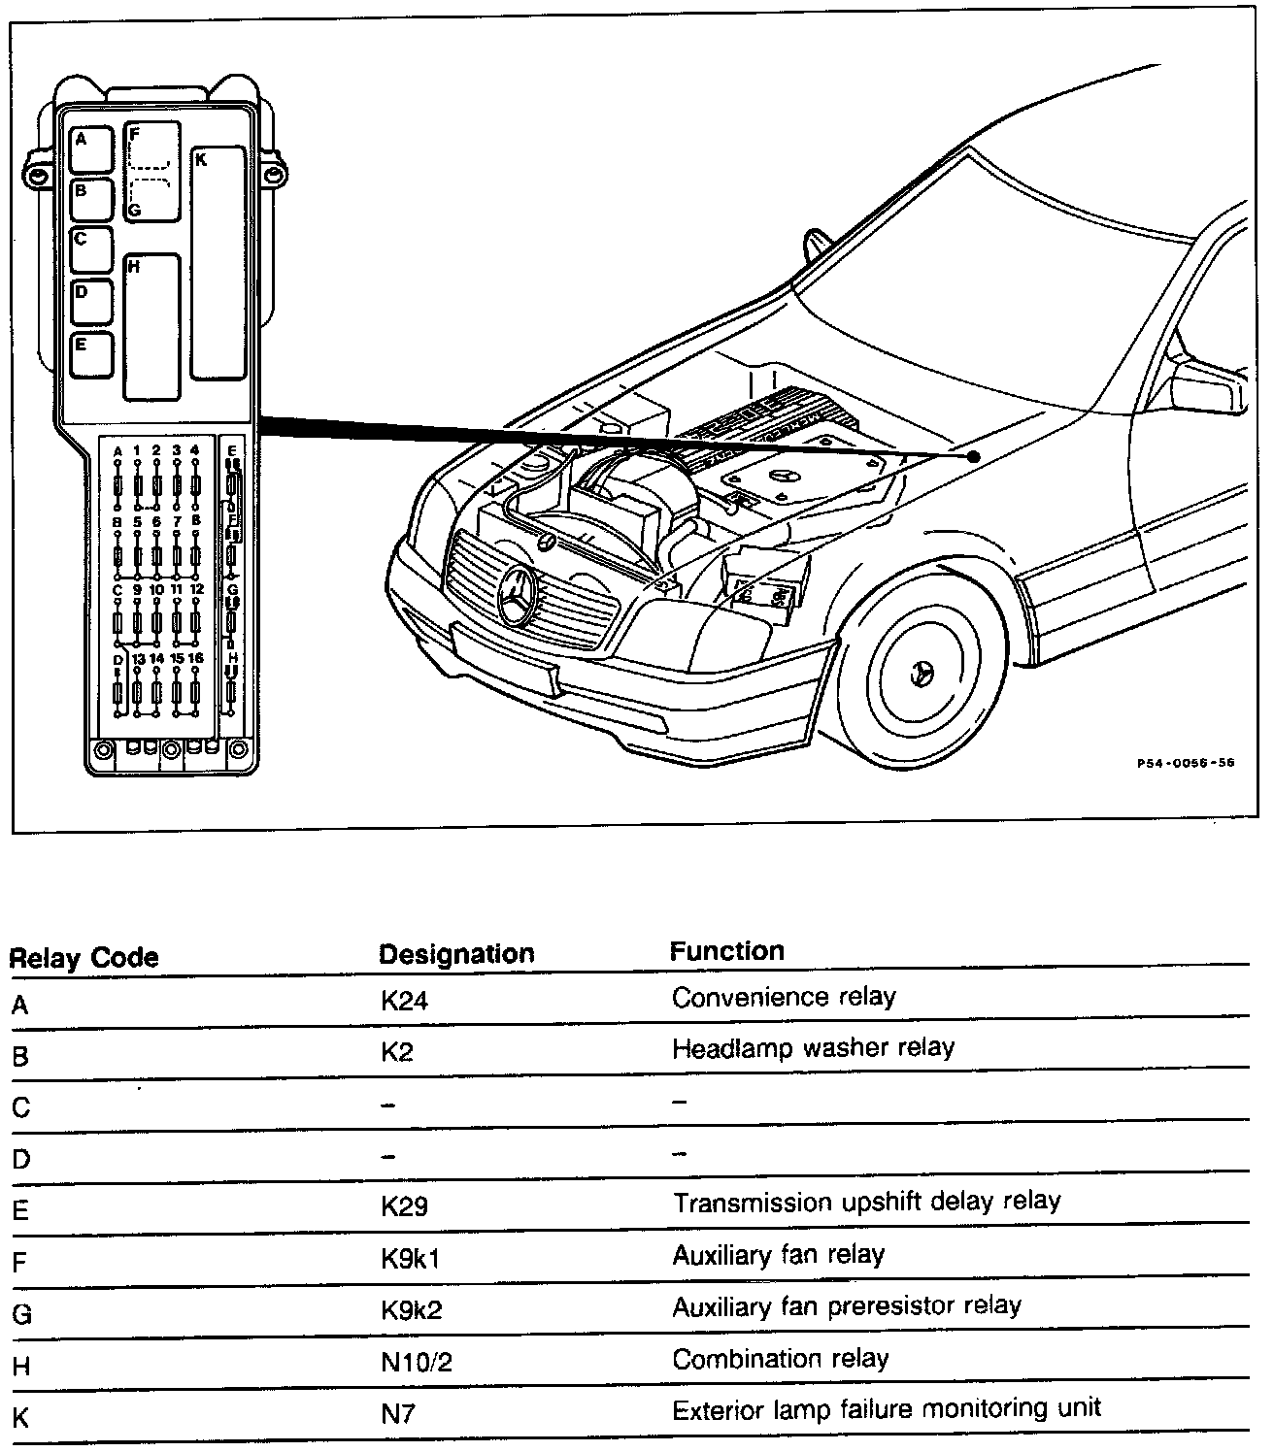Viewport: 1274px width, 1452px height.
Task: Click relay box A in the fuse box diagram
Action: pyautogui.click(x=92, y=149)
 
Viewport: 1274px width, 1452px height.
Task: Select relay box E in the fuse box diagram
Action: pyautogui.click(x=92, y=354)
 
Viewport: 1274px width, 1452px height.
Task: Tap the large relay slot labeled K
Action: pyautogui.click(x=218, y=263)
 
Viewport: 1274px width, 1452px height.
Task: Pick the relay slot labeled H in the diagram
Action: pyautogui.click(x=151, y=327)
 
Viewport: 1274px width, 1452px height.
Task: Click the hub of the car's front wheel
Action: pyautogui.click(x=922, y=671)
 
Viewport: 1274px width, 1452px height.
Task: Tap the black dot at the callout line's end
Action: pyautogui.click(x=973, y=455)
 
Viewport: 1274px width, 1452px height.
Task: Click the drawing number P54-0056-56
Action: pyautogui.click(x=1186, y=763)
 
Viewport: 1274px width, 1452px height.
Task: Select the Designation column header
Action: pyautogui.click(x=456, y=954)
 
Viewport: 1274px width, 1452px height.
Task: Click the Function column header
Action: pyautogui.click(x=726, y=951)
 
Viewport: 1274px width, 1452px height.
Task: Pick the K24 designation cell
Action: pyautogui.click(x=404, y=1000)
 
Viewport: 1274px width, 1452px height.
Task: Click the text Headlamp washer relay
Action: pyautogui.click(x=813, y=1048)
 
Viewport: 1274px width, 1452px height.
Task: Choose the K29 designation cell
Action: pyautogui.click(x=404, y=1206)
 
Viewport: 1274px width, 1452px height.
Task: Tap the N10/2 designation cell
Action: pyautogui.click(x=417, y=1362)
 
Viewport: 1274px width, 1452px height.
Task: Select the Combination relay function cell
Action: pyautogui.click(x=780, y=1359)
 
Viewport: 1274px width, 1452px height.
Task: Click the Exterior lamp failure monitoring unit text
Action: pyautogui.click(x=887, y=1408)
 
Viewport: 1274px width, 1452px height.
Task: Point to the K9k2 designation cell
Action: pyautogui.click(x=412, y=1310)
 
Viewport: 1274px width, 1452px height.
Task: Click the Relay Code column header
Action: pyautogui.click(x=84, y=958)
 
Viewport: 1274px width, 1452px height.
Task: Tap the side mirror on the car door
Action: pyautogui.click(x=1207, y=385)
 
